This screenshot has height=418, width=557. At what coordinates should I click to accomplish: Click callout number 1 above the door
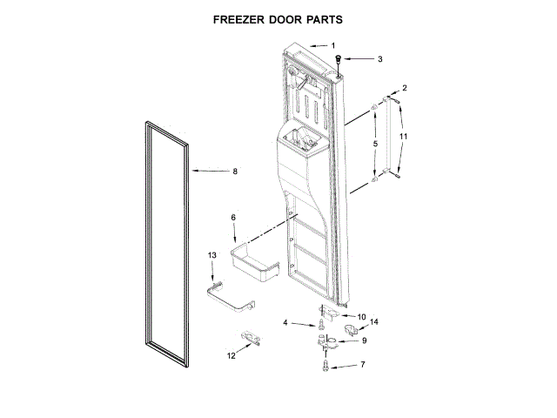point(332,45)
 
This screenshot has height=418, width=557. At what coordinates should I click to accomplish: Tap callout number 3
point(379,59)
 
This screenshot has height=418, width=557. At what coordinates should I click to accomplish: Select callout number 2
point(404,89)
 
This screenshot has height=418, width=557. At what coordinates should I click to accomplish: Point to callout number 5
point(375,144)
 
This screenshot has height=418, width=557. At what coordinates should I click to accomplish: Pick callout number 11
point(402,137)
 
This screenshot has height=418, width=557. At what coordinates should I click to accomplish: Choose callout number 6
point(232,218)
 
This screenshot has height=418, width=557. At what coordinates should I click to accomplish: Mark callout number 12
point(231,355)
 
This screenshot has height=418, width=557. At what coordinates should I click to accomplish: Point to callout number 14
point(375,322)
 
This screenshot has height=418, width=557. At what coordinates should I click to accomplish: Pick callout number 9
point(365,340)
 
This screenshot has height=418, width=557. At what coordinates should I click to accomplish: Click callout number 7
point(363,365)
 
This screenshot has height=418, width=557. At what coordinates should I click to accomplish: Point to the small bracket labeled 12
point(250,338)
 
